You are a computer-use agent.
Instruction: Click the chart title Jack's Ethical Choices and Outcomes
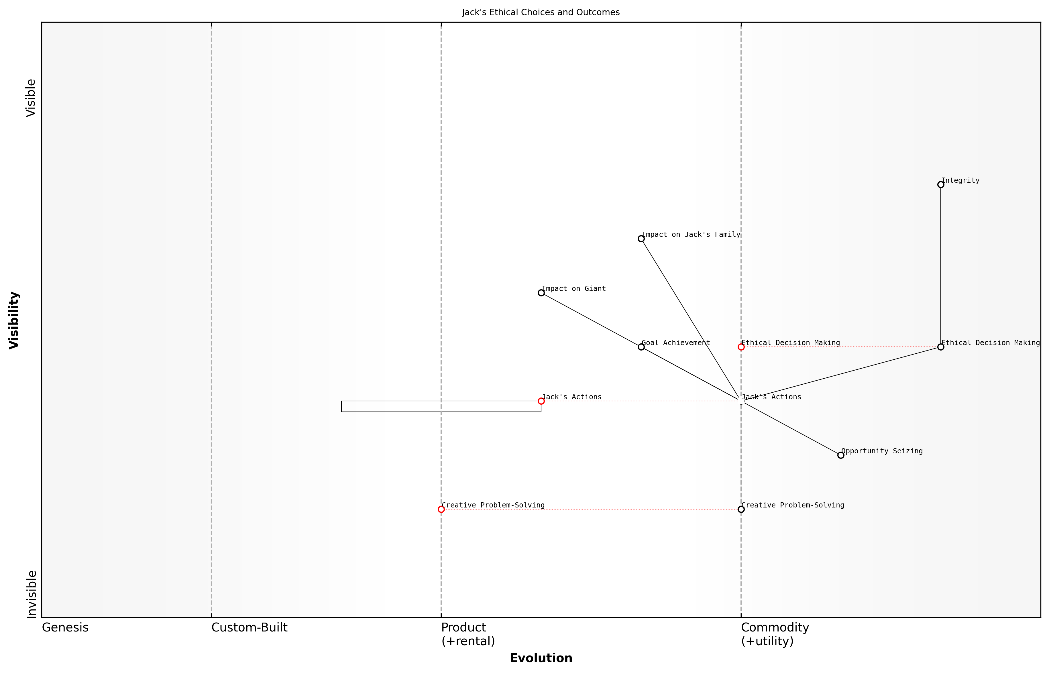click(541, 12)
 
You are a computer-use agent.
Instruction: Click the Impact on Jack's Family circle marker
click(641, 239)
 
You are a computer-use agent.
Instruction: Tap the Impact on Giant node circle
click(541, 293)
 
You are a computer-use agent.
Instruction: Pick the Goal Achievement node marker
click(641, 347)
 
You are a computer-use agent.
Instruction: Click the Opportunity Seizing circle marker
click(840, 455)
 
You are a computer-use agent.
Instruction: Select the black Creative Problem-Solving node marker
click(741, 509)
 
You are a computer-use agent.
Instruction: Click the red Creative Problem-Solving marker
click(441, 509)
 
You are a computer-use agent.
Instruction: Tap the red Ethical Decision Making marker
click(741, 347)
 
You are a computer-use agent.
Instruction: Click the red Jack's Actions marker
click(541, 401)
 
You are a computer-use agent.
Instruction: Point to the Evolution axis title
click(541, 658)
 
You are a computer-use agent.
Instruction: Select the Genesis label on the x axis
click(65, 627)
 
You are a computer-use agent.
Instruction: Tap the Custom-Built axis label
click(249, 627)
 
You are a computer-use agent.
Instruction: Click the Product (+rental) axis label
click(468, 634)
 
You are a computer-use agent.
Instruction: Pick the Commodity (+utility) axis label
click(775, 634)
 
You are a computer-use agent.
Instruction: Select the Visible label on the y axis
click(31, 98)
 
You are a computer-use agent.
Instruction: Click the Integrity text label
click(960, 180)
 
